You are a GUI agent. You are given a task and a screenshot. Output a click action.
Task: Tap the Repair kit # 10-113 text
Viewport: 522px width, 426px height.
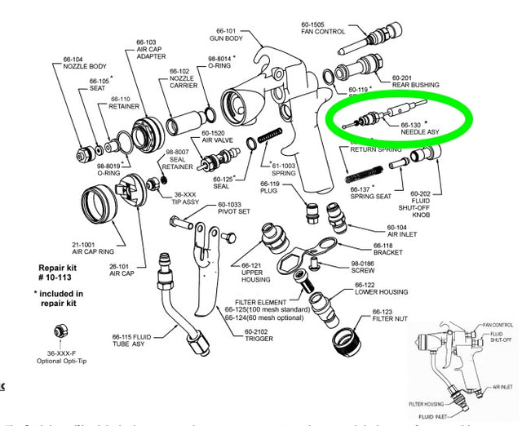tap(58, 273)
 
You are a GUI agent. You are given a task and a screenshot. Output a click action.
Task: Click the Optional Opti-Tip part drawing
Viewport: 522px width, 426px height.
tap(61, 331)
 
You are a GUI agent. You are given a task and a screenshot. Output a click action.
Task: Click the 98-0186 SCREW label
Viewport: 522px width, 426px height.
tap(368, 268)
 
